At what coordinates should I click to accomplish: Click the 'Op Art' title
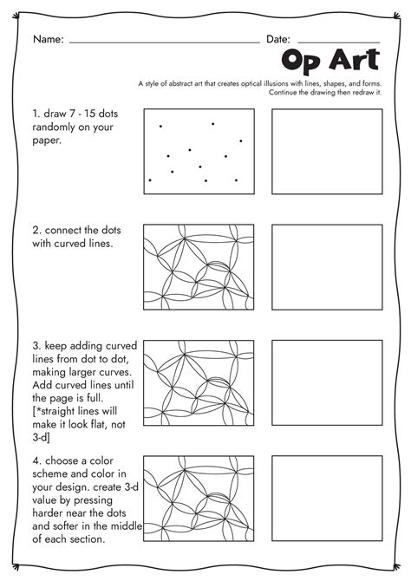330,60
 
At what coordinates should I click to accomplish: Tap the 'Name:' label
49,39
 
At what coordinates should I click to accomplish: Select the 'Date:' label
278,39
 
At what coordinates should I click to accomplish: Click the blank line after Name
165,42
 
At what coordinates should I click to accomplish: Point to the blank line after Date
339,42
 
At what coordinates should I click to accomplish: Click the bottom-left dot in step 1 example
150,180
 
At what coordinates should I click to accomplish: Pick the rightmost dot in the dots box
241,140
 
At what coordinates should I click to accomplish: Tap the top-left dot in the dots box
160,127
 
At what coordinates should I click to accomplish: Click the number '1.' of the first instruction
36,114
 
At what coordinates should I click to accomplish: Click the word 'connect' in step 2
63,231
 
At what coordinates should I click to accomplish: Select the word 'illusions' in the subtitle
276,83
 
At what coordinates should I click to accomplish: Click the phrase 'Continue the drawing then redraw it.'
325,92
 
